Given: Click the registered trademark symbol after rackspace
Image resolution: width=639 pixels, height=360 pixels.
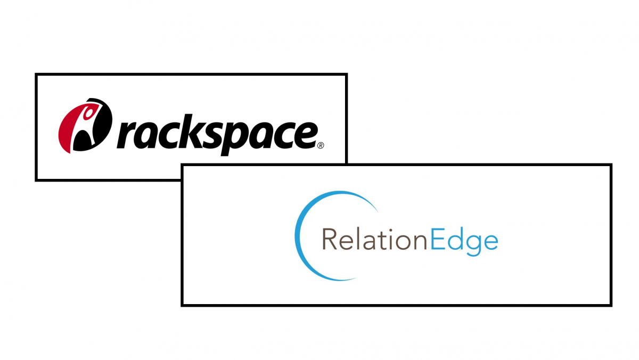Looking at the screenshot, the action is pos(321,145).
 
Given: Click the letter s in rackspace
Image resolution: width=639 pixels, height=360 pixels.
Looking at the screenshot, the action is pos(209,135).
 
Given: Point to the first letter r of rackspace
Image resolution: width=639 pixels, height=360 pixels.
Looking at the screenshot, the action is pos(127,135).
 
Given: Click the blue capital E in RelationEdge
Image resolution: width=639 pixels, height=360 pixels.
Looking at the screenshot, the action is pos(438,239).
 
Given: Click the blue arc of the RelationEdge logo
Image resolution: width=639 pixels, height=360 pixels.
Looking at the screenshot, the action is pos(298,236).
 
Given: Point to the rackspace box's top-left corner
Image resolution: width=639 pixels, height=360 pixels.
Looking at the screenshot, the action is pos(36,74).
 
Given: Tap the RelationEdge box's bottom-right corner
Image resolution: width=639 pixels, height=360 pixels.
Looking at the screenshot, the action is pos(611,306).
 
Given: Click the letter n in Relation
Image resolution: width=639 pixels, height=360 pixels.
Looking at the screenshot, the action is pos(420,242).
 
